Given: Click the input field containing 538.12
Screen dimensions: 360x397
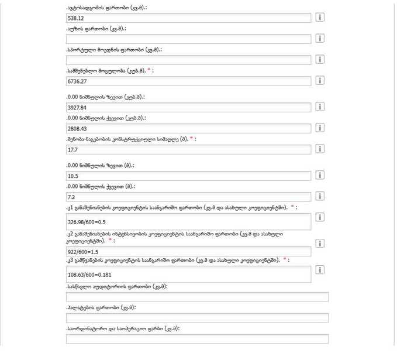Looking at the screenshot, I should [189, 18].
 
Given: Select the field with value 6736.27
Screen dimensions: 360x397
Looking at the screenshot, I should [189, 81].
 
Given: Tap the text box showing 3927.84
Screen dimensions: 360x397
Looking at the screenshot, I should [189, 108].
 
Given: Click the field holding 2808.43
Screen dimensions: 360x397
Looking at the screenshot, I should [189, 129].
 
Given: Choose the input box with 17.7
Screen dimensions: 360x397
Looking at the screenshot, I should [189, 150].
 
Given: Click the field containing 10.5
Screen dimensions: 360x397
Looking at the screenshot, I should [189, 176].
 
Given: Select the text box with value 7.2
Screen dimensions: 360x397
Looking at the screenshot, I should [189, 197].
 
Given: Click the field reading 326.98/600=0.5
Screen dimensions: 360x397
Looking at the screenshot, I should [189, 222].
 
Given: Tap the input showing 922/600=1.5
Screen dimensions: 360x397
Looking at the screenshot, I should [189, 251].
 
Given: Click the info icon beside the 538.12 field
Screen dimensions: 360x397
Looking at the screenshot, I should [320, 18].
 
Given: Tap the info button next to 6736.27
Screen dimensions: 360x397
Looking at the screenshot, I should [320, 80].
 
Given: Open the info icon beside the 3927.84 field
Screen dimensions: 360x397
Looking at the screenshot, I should [320, 107].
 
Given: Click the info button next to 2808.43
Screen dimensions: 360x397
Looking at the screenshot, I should [320, 128].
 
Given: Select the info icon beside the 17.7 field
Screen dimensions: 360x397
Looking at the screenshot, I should [320, 149].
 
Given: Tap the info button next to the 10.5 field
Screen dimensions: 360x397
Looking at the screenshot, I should [320, 175].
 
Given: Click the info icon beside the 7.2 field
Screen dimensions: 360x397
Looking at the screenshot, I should [320, 196].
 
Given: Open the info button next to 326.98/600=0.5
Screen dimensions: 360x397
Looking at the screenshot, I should [320, 217].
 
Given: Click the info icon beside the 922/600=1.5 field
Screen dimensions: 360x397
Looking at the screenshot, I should [320, 244].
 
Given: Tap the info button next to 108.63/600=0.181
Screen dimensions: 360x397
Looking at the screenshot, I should [320, 270].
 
